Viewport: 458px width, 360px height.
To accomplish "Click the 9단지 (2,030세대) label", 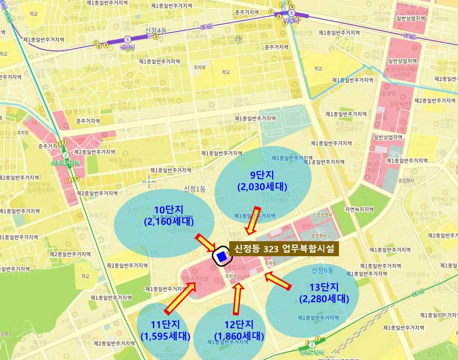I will click(x=262, y=181).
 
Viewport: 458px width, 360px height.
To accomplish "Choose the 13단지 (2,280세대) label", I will click(x=324, y=293).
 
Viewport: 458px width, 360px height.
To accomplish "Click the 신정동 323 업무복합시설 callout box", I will click(x=284, y=249).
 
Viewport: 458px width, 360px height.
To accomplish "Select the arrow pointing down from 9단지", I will click(x=253, y=220).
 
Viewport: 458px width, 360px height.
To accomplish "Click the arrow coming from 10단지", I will click(x=205, y=243).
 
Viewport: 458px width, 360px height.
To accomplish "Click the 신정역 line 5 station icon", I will click(x=127, y=39).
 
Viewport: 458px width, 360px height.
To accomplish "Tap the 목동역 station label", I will click(x=291, y=20).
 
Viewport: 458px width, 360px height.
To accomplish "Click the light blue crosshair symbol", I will click(x=150, y=182).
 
